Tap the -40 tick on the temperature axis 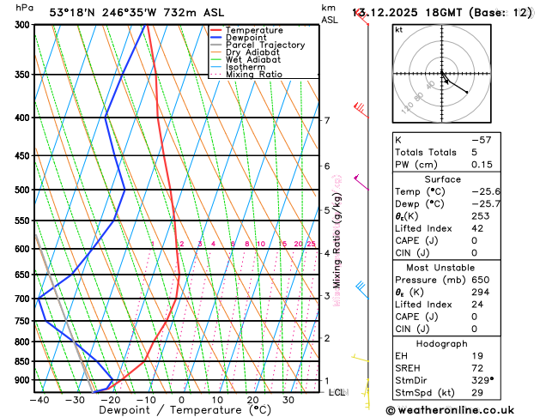click(x=39, y=400)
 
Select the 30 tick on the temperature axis click(x=288, y=400)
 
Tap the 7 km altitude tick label click(x=327, y=120)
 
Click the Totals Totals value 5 click(x=474, y=152)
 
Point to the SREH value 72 click(x=477, y=367)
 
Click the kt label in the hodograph click(x=398, y=29)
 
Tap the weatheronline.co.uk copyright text click(x=461, y=411)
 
